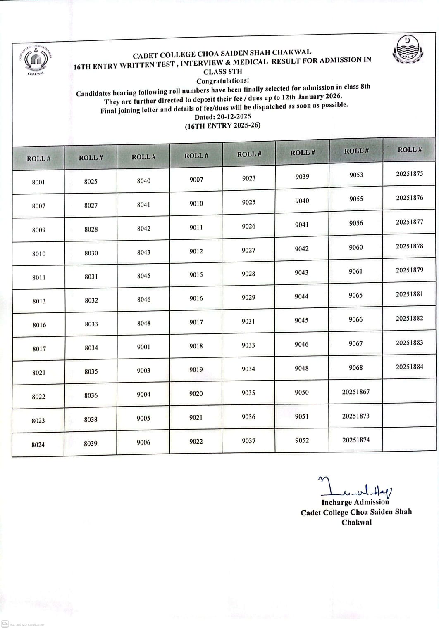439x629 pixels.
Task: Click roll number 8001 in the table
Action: [38, 182]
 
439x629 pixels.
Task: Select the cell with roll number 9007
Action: [196, 180]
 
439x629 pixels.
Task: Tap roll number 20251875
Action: [409, 174]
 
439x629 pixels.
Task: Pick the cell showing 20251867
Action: [355, 392]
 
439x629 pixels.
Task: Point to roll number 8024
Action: [38, 445]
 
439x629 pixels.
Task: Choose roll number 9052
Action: [302, 440]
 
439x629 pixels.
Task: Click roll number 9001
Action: [143, 347]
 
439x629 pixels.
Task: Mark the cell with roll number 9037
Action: [248, 441]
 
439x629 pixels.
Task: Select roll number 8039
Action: [91, 443]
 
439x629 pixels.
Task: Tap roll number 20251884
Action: [409, 367]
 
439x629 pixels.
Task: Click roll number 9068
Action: [355, 367]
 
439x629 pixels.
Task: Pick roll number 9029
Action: [248, 297]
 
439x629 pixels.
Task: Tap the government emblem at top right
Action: [408, 50]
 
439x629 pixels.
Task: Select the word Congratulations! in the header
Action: [222, 81]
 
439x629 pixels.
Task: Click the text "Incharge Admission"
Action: [355, 502]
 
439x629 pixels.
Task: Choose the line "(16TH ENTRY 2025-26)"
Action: [222, 125]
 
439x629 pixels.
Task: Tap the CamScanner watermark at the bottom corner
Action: [23, 624]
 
